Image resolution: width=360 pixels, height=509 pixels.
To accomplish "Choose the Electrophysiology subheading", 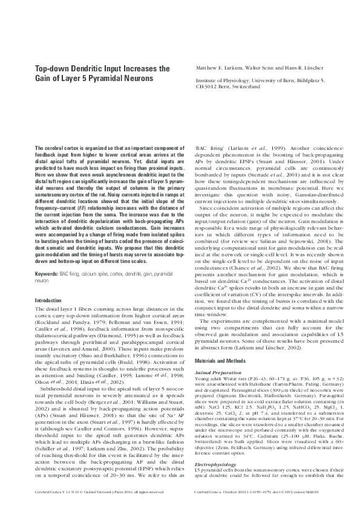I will click(212, 464).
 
